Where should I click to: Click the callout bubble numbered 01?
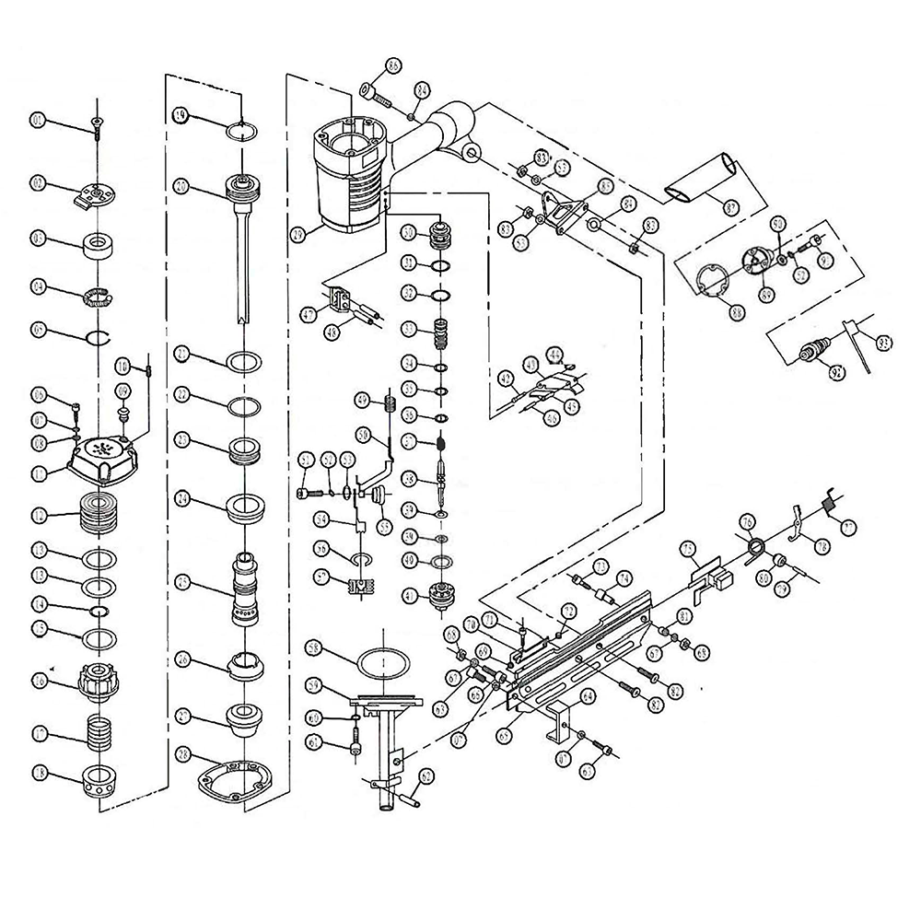[x=38, y=120]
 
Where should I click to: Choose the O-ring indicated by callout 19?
[x=242, y=130]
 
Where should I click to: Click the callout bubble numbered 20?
[x=181, y=186]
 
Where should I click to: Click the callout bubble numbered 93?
[x=884, y=344]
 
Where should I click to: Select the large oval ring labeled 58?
[x=382, y=661]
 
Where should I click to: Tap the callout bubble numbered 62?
[x=425, y=776]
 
